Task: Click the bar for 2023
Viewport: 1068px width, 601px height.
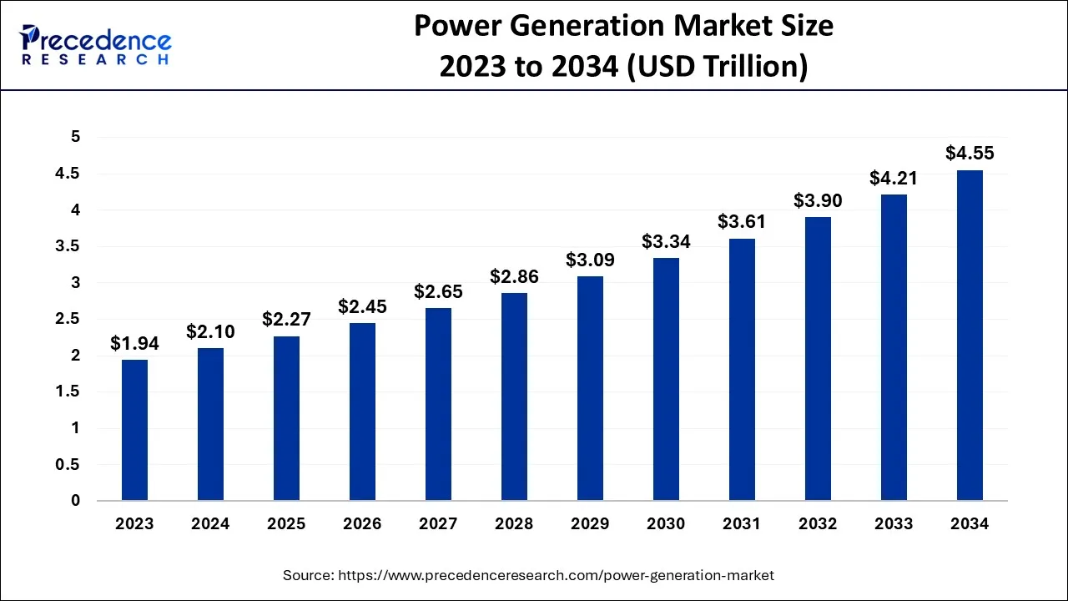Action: [x=134, y=430]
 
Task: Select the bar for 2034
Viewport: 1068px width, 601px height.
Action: [x=970, y=336]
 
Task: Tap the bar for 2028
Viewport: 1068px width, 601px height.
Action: [x=514, y=396]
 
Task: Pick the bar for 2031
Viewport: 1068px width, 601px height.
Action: [x=742, y=370]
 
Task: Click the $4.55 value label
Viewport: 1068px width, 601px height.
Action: [x=970, y=154]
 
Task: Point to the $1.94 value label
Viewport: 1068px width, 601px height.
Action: [x=134, y=343]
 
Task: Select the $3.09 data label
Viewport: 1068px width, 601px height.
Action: [x=590, y=260]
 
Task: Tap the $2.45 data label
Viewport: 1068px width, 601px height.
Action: [x=362, y=306]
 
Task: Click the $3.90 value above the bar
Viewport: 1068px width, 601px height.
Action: [x=818, y=200]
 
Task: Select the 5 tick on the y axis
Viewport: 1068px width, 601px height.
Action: [x=75, y=138]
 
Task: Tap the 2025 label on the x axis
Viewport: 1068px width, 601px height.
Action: [x=286, y=524]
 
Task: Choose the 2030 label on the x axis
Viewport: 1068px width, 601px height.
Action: [x=666, y=524]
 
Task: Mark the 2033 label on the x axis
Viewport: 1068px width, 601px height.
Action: [x=894, y=524]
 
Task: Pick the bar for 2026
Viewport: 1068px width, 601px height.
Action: [x=362, y=412]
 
